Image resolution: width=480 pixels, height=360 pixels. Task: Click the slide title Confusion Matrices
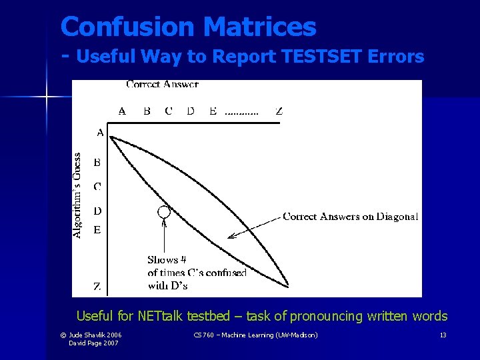click(188, 27)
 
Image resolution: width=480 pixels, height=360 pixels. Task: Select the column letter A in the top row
click(122, 111)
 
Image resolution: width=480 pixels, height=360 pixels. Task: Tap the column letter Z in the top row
click(279, 111)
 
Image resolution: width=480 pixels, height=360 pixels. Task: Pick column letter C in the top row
click(168, 111)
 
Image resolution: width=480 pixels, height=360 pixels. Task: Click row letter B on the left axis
click(97, 162)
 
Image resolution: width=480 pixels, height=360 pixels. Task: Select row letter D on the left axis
click(97, 211)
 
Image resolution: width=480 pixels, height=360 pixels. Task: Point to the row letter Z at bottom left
click(97, 287)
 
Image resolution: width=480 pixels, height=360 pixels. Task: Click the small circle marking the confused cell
click(163, 212)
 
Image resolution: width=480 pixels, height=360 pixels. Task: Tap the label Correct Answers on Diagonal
click(351, 216)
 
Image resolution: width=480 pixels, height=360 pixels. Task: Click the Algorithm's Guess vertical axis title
click(78, 195)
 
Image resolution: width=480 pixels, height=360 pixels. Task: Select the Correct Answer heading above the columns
click(162, 85)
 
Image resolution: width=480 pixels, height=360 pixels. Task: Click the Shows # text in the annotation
click(167, 260)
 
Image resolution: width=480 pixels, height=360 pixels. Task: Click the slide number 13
click(443, 335)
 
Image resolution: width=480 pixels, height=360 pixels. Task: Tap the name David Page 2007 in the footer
click(93, 343)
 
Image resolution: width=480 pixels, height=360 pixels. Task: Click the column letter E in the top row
click(213, 111)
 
